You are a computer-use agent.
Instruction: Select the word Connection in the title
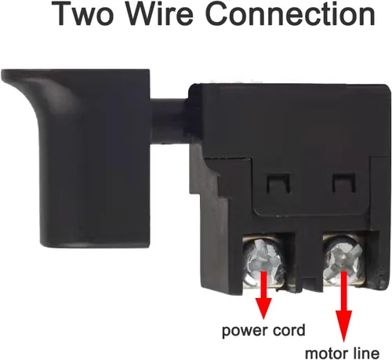pyautogui.click(x=290, y=13)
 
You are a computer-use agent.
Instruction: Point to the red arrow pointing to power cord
pyautogui.click(x=263, y=295)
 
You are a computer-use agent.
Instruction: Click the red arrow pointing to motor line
pyautogui.click(x=343, y=307)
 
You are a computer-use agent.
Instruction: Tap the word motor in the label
pyautogui.click(x=330, y=353)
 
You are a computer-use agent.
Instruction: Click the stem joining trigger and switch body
pyautogui.click(x=170, y=121)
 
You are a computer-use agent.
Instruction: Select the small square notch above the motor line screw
pyautogui.click(x=343, y=182)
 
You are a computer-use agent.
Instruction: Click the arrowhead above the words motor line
pyautogui.click(x=343, y=326)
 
